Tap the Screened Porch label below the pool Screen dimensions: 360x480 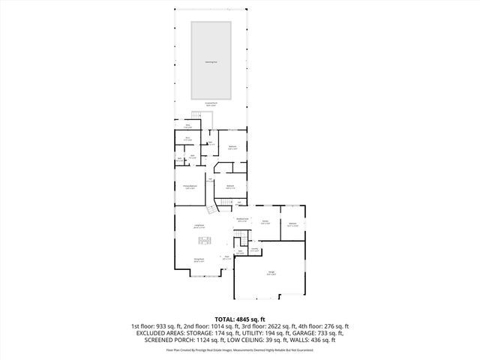pos(211,104)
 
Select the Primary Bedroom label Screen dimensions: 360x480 pos(190,186)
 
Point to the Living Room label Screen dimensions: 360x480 pos(200,226)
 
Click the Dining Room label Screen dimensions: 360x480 pos(200,261)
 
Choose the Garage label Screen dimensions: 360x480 pos(270,273)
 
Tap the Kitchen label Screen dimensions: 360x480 pos(265,222)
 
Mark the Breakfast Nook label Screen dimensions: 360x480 pos(242,220)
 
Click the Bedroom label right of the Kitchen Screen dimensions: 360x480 pos(292,224)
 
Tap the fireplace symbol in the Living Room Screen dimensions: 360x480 pos(205,240)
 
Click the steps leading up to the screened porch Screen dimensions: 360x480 pos(197,115)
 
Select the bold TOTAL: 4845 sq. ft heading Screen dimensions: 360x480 pos(240,319)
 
